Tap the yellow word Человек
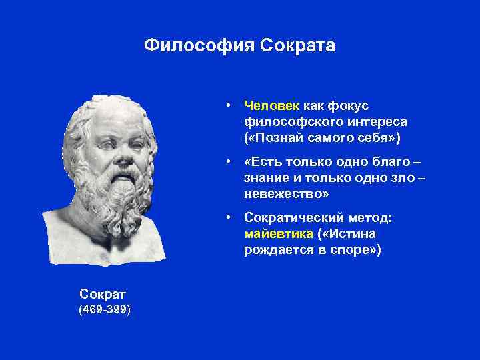272,105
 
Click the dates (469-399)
104,310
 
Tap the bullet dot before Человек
228,106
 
